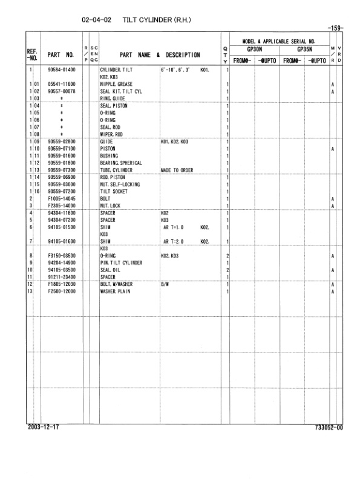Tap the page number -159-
(x=333, y=27)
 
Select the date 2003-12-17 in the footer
(x=44, y=427)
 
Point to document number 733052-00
(x=329, y=427)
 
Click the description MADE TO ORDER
(x=177, y=170)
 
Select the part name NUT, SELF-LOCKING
(x=120, y=184)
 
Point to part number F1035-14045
(x=64, y=199)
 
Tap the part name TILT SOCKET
(x=114, y=192)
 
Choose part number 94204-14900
(x=64, y=263)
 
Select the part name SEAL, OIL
(x=111, y=270)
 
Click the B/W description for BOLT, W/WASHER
(x=165, y=284)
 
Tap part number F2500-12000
(x=64, y=291)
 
